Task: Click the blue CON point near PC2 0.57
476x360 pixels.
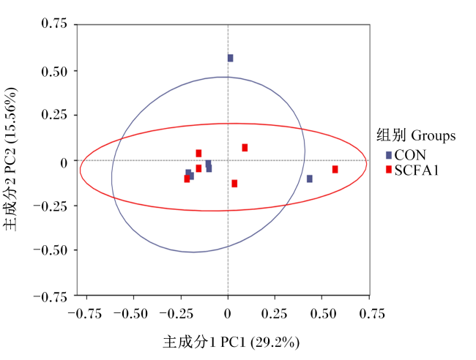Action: pos(231,58)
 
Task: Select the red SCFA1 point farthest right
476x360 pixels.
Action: pos(335,169)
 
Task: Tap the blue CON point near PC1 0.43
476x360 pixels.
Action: pos(309,179)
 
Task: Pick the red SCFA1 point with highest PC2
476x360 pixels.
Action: pos(245,148)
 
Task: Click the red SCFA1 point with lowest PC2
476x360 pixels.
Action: pos(234,184)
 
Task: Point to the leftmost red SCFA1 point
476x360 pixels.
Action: pos(187,179)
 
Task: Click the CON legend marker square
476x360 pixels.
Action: pos(389,155)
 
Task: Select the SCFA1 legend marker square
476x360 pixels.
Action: pos(389,170)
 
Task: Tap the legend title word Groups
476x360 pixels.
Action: pos(434,135)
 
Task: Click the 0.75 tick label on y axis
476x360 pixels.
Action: pos(54,23)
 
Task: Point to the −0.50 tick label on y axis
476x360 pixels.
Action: pos(51,250)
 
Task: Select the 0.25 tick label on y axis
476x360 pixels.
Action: pos(54,115)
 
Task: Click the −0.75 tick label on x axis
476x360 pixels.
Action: pos(85,314)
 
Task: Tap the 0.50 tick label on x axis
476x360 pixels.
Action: pos(323,314)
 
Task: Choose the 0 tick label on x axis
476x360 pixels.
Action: pos(228,314)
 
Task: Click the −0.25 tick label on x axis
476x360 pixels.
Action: pos(176,314)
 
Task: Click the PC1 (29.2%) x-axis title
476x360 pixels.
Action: pos(260,342)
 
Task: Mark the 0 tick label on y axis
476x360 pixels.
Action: pos(64,163)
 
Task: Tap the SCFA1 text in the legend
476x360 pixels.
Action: pos(417,170)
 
